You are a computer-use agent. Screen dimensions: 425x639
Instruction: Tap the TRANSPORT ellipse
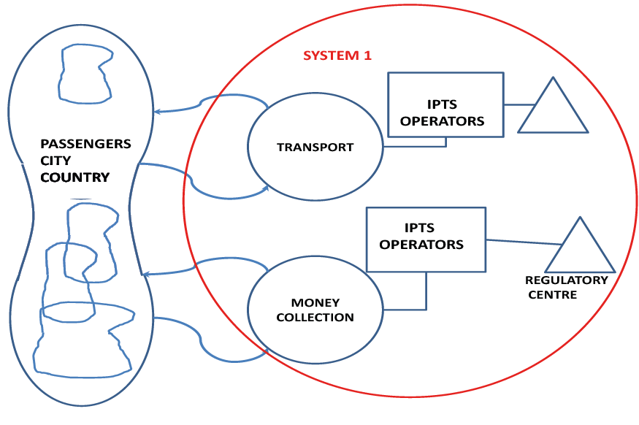pos(315,148)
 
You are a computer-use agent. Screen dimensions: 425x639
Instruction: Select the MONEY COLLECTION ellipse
pos(315,310)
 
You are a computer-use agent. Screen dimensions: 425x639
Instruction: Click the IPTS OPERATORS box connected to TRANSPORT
pos(445,104)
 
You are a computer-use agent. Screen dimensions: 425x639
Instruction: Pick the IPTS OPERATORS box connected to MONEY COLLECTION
pos(426,240)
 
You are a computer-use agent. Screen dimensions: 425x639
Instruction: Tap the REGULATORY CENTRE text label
pos(567,288)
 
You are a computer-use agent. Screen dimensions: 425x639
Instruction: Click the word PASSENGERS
pos(85,144)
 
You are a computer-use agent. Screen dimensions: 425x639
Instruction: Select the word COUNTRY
pos(75,177)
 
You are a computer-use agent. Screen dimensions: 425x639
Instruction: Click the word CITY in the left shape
pos(55,161)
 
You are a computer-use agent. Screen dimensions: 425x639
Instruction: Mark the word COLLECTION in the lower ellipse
pos(315,318)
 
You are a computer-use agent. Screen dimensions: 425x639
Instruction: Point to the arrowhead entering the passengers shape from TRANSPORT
pos(157,112)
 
